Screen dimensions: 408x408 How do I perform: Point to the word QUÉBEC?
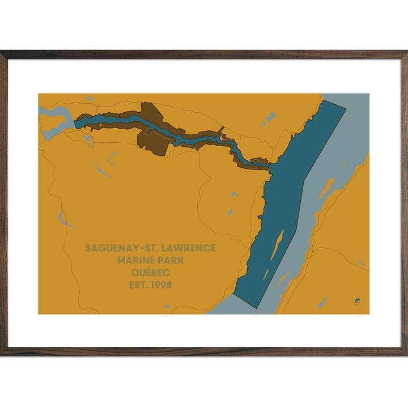150,273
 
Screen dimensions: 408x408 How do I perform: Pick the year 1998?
161,285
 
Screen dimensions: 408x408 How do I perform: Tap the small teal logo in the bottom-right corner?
357,302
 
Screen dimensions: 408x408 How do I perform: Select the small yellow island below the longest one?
266,275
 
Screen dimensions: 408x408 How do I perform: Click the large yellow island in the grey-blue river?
325,190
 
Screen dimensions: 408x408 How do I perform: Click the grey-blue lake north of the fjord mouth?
267,120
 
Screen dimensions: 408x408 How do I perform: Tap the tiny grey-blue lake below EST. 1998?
167,307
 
